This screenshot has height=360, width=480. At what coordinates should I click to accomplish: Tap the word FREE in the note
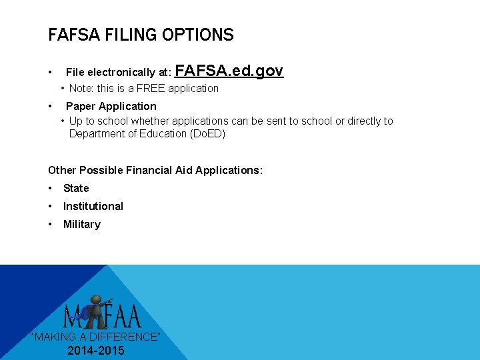(151, 88)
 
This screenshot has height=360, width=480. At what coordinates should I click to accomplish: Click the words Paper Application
(111, 106)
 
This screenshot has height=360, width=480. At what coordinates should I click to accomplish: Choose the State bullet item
(76, 188)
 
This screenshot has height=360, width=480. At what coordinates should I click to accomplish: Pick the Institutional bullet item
(93, 206)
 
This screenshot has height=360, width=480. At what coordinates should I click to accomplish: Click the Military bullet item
(82, 224)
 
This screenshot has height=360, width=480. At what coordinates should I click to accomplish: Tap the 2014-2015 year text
(96, 351)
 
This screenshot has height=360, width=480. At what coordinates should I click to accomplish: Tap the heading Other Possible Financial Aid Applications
(155, 170)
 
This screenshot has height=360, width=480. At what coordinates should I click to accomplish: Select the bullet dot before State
(51, 188)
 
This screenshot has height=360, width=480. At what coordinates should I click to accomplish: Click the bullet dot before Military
(51, 224)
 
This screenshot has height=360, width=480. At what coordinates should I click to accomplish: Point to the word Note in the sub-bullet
(81, 88)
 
